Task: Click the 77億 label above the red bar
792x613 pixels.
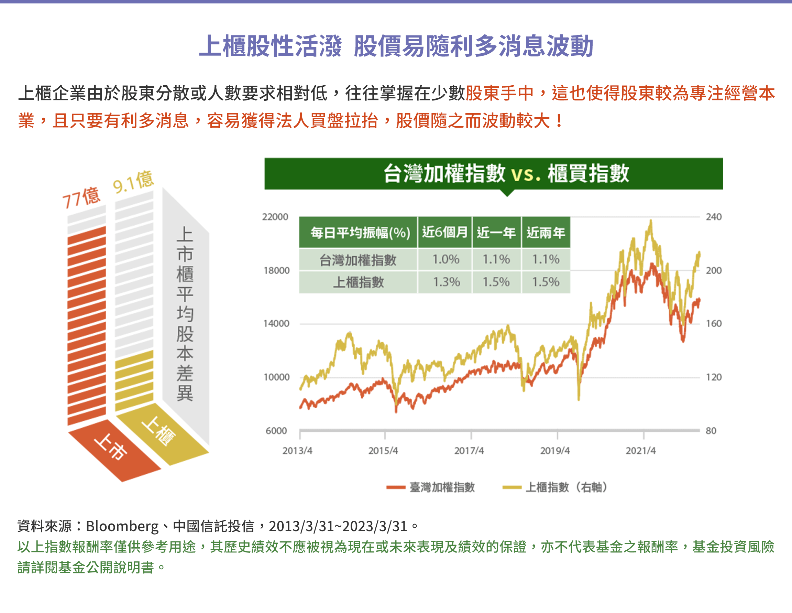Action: [81, 198]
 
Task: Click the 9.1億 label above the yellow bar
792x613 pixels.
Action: [133, 182]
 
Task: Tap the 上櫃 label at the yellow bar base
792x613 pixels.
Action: [158, 431]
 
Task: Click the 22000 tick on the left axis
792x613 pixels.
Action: [275, 217]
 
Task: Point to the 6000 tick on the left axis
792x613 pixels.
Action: [276, 431]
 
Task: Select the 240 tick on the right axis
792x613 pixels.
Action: [713, 217]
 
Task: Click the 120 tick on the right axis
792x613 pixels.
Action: [713, 377]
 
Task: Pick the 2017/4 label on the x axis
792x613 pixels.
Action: [469, 451]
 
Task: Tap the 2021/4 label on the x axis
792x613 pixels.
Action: [640, 451]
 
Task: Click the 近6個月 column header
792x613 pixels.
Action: [444, 232]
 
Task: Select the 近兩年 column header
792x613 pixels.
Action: [546, 232]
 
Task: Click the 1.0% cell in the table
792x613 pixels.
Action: [446, 259]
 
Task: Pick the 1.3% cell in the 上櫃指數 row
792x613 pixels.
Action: [446, 282]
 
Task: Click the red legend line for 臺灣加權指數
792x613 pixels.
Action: [396, 487]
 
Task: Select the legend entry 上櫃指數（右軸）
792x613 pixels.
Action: [566, 487]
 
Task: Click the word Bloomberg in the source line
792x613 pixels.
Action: [122, 526]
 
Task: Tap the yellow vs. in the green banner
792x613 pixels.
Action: [526, 174]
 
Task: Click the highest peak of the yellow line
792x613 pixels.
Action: [651, 221]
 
